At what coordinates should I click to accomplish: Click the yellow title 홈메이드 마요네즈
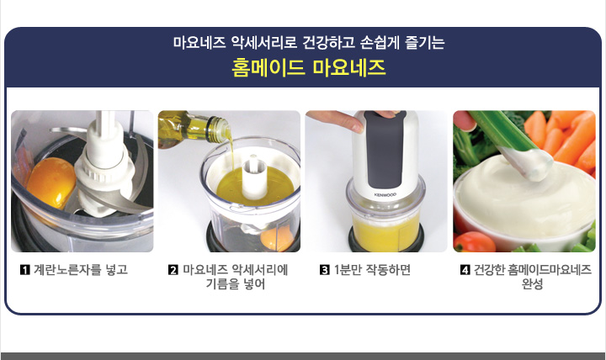pos(308,67)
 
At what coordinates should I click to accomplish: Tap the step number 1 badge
pos(24,270)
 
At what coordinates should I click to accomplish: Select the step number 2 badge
pos(173,270)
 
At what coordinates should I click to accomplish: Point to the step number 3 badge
pos(325,270)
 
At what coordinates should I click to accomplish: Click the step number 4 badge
pos(465,270)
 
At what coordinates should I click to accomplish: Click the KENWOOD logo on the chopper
pos(385,194)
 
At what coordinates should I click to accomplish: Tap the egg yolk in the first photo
pos(50,182)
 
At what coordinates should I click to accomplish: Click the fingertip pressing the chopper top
pos(353,124)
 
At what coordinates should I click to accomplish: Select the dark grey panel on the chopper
pos(385,149)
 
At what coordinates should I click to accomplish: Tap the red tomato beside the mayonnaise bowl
pos(474,241)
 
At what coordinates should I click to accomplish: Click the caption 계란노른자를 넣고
pos(81,270)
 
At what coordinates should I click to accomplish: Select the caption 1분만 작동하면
pos(372,270)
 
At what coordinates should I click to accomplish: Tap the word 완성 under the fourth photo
pos(532,284)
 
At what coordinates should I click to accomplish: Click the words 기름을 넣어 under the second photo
pos(236,284)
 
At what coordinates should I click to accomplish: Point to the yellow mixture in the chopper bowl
pos(385,228)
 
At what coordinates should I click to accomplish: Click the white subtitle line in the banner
pos(309,42)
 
